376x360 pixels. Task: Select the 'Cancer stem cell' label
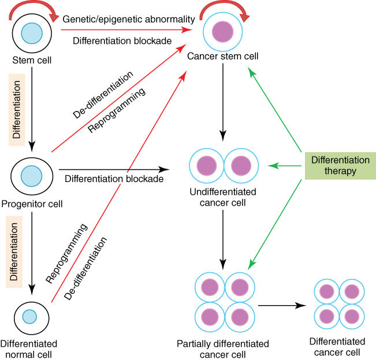223,57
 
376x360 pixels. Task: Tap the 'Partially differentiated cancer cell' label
223,348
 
